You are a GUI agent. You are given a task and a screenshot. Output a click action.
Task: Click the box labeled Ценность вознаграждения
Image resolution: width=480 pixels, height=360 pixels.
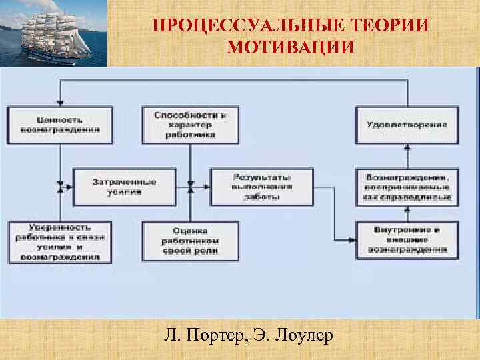point(60,125)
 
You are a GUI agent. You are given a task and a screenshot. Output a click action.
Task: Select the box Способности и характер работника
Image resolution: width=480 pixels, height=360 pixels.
point(191,125)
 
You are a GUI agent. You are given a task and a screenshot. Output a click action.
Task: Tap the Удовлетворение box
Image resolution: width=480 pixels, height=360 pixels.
point(407,125)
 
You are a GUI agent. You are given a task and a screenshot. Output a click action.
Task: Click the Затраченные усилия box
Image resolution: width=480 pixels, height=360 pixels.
point(125,187)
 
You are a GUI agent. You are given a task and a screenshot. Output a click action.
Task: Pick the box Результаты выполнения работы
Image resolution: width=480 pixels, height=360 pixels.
point(261,187)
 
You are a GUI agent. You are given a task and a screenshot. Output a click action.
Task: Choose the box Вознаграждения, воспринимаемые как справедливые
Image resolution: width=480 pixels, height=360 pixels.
point(407,187)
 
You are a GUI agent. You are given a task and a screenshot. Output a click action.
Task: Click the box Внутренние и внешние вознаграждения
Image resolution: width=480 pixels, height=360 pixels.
point(407,240)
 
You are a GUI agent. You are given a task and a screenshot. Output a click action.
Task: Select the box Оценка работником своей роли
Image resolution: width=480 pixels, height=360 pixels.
point(191,241)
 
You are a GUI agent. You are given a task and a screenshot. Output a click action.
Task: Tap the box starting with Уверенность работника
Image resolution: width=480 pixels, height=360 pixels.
point(60,242)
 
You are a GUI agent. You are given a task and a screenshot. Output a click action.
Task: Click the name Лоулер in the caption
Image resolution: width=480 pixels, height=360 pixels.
point(300,335)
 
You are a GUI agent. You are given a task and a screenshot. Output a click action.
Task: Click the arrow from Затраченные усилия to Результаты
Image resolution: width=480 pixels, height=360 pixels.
point(194,187)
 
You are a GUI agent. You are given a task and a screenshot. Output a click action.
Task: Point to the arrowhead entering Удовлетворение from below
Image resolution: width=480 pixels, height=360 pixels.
point(407,148)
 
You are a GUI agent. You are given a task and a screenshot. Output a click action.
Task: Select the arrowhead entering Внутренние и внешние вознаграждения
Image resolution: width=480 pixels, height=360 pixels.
point(351,240)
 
